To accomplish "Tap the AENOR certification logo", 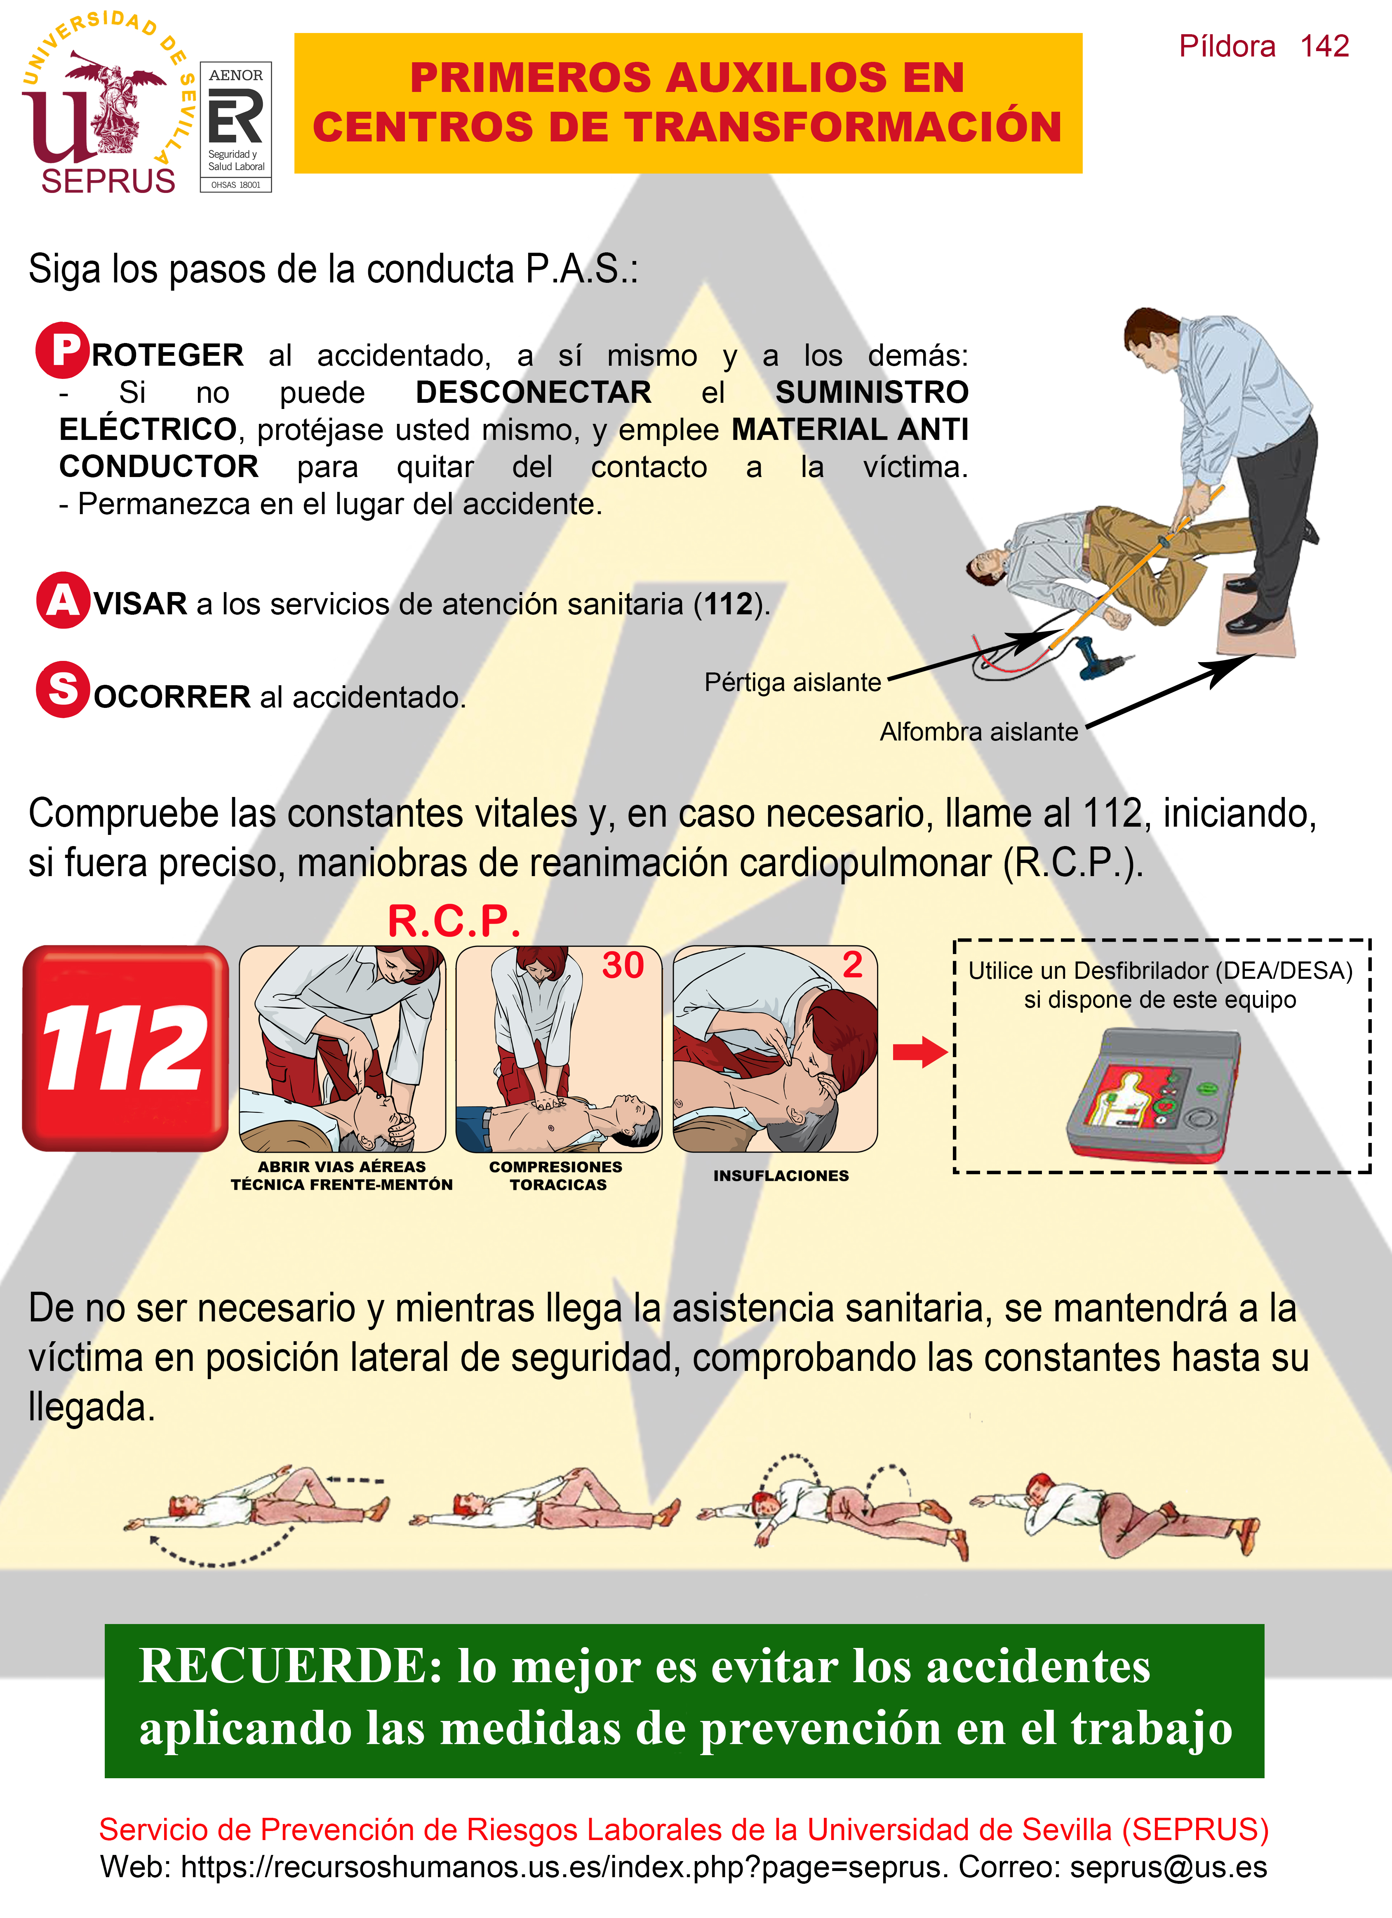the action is pos(236,127).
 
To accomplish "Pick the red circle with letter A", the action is pos(63,600).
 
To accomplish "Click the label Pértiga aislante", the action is pos(792,682).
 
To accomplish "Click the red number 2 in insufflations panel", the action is pos(852,965).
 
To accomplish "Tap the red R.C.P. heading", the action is pos(454,921).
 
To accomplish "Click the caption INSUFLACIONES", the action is pos(781,1175).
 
